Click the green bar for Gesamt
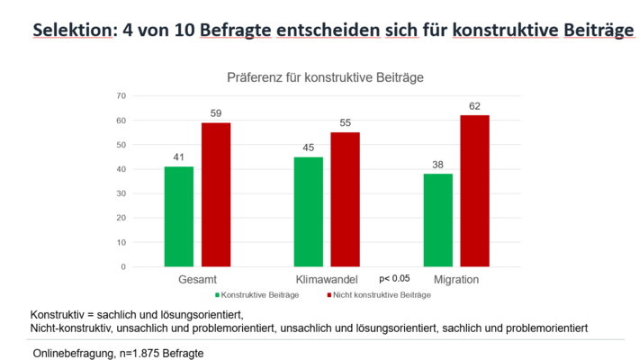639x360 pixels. coord(179,216)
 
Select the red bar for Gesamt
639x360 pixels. coord(216,194)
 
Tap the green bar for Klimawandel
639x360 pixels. coord(309,211)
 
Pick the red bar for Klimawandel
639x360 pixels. coord(345,199)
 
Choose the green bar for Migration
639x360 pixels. coord(438,220)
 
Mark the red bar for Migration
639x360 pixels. coord(474,191)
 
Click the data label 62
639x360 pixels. coord(474,106)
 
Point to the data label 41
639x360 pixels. coord(179,157)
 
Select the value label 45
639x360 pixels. coord(309,148)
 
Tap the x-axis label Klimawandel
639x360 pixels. coord(328,280)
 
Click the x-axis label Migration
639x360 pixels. coord(456,280)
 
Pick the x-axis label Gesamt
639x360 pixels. coord(197,280)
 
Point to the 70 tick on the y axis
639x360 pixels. coord(121,95)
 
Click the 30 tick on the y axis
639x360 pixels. coord(121,193)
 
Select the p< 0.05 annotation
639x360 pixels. coord(395,278)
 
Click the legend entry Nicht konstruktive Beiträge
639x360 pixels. coord(374,294)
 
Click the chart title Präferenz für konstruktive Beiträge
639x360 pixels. coord(326,77)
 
